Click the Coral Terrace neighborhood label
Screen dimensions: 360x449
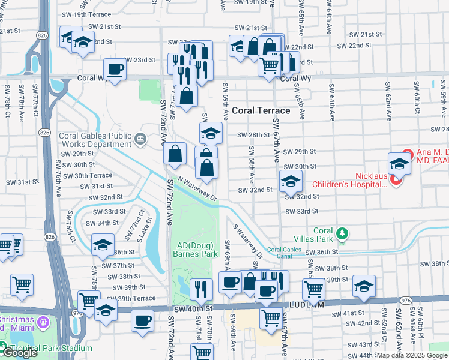pyautogui.click(x=261, y=110)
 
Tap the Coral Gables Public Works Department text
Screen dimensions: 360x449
pyautogui.click(x=95, y=140)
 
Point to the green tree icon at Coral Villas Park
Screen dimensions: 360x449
pyautogui.click(x=342, y=233)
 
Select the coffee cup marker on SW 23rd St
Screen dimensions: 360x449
pyautogui.click(x=115, y=69)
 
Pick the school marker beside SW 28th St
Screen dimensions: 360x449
pyautogui.click(x=211, y=133)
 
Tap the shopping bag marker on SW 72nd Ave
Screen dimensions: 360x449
pyautogui.click(x=175, y=154)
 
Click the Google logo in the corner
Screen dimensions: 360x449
pyautogui.click(x=19, y=353)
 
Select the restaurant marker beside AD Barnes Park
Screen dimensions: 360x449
pyautogui.click(x=201, y=290)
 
